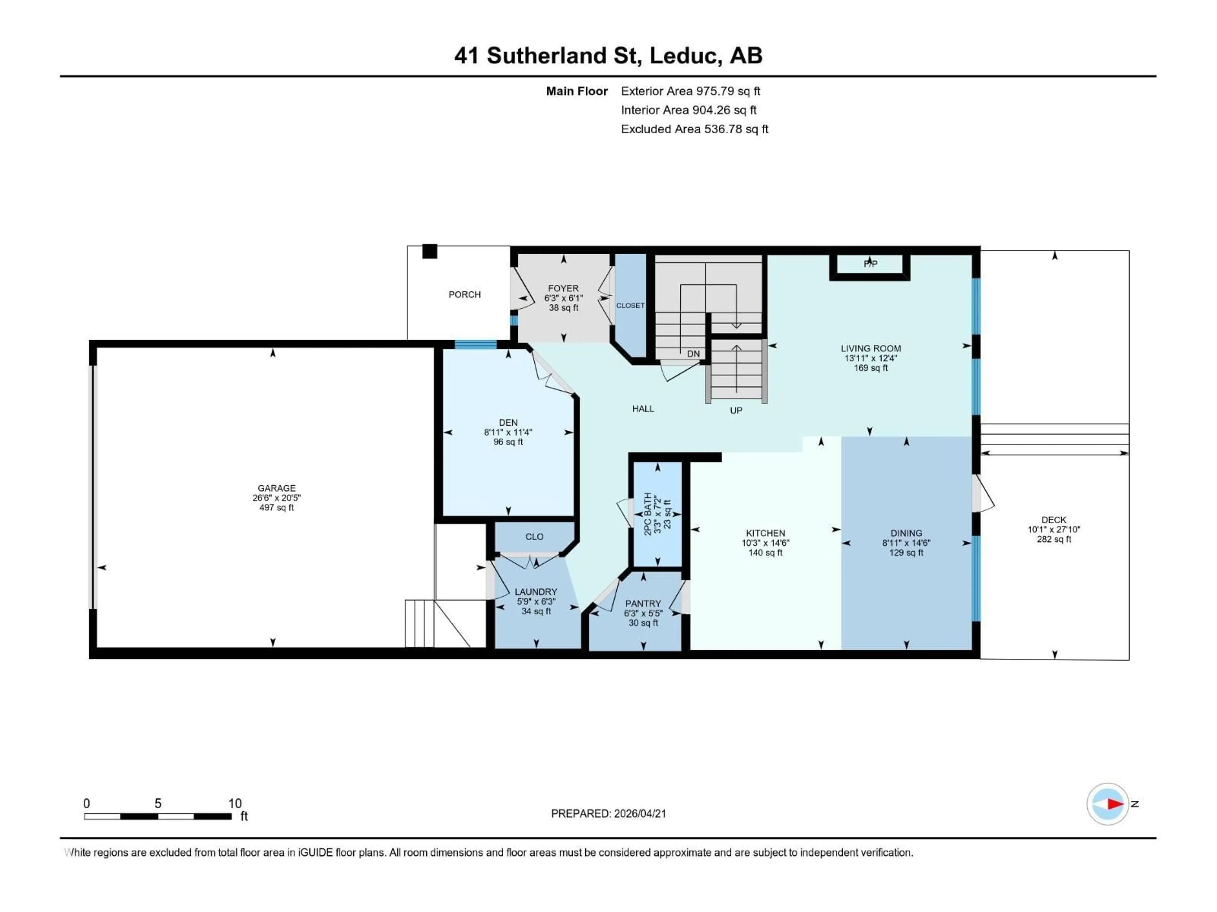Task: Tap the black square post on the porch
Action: (430, 251)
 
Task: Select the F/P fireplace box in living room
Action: (870, 265)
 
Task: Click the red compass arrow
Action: (1115, 804)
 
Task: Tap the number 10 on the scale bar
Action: (235, 803)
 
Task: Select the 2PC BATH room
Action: (658, 514)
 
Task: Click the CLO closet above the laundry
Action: (534, 536)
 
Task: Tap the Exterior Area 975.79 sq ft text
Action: (691, 91)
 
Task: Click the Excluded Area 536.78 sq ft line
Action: (694, 129)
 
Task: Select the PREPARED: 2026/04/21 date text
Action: (608, 814)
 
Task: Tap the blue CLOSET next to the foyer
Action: (630, 306)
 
